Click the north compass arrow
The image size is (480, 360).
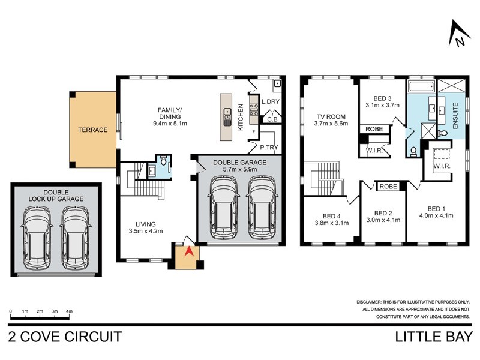tap(458, 33)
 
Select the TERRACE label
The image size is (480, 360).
tap(92, 130)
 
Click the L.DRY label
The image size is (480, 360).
tap(271, 103)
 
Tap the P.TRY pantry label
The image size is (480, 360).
tap(268, 147)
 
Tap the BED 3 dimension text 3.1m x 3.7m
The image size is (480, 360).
tap(382, 105)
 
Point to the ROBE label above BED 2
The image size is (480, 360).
tap(388, 187)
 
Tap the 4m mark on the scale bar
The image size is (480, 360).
tap(70, 311)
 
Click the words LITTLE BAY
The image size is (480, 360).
tap(434, 337)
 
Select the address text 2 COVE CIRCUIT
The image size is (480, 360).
tap(65, 337)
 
